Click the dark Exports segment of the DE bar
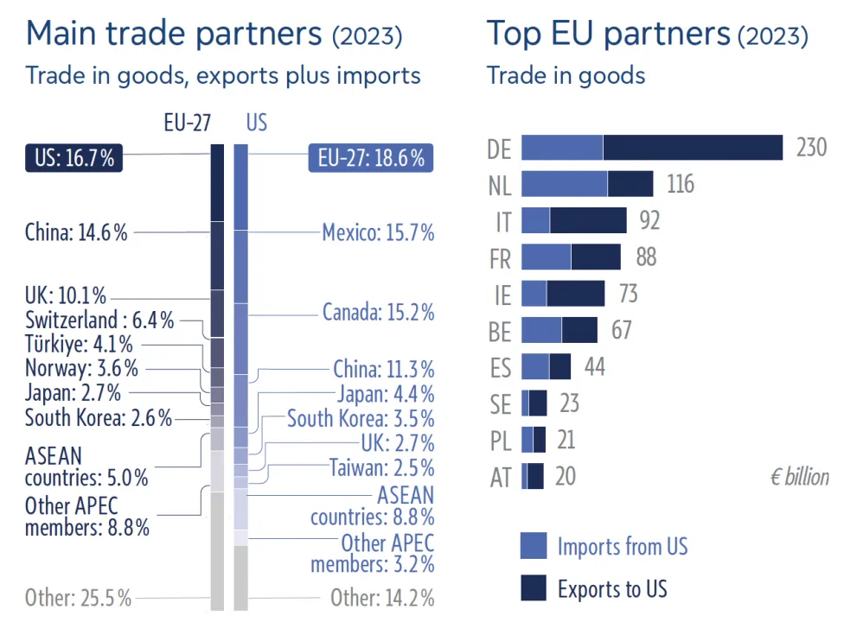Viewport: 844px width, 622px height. pyautogui.click(x=693, y=148)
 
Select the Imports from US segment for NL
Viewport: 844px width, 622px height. pyautogui.click(x=564, y=184)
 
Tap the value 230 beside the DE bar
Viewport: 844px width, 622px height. pyautogui.click(x=811, y=148)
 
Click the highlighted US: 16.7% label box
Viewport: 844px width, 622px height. pyautogui.click(x=74, y=158)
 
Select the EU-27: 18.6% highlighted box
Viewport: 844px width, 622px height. pyautogui.click(x=371, y=158)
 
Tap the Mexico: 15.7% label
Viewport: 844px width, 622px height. pyautogui.click(x=378, y=232)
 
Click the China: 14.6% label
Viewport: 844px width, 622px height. pyautogui.click(x=76, y=232)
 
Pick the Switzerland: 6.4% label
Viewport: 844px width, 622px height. pyautogui.click(x=99, y=321)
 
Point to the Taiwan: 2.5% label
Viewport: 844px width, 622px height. pyautogui.click(x=381, y=468)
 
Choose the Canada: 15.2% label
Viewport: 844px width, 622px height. pyautogui.click(x=378, y=312)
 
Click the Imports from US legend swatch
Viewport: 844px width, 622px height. pyautogui.click(x=534, y=546)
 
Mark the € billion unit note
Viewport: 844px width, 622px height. pyautogui.click(x=799, y=477)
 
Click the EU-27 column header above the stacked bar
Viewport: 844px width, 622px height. pyautogui.click(x=188, y=123)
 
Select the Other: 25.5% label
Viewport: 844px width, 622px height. pyautogui.click(x=78, y=597)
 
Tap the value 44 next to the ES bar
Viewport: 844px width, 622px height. pyautogui.click(x=594, y=366)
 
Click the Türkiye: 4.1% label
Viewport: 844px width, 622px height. pyautogui.click(x=79, y=345)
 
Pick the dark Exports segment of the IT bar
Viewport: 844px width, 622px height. pyautogui.click(x=588, y=220)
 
